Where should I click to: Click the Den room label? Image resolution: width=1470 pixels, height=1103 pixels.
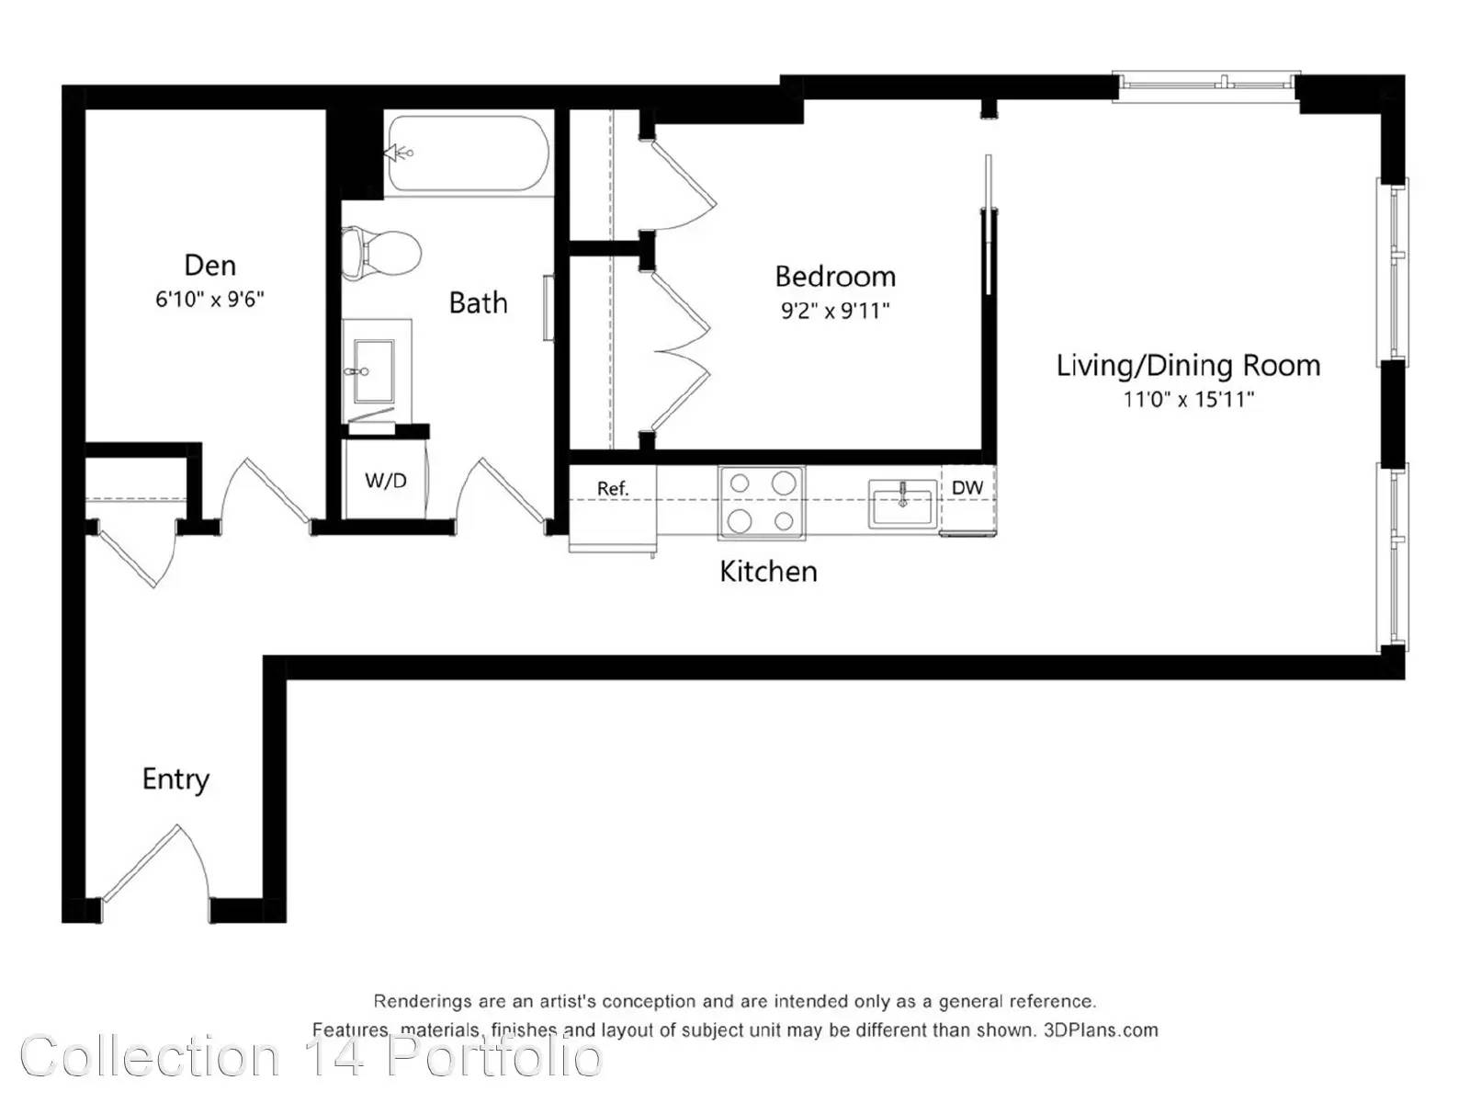(x=209, y=266)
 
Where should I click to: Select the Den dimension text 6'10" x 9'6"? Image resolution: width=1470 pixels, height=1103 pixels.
(x=209, y=299)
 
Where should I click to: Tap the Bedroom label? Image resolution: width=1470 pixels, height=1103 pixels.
(x=834, y=277)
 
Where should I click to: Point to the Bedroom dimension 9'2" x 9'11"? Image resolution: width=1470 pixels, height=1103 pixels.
(x=834, y=311)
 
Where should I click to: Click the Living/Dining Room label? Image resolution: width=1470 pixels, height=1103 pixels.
(x=1187, y=366)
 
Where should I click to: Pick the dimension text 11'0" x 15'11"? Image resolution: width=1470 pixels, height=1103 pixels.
(x=1187, y=399)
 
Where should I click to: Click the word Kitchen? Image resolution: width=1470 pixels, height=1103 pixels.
(x=768, y=571)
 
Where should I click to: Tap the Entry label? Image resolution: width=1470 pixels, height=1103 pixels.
(x=175, y=779)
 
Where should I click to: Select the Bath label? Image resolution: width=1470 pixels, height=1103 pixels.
(x=478, y=302)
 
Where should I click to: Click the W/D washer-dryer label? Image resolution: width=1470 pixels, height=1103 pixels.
(x=386, y=480)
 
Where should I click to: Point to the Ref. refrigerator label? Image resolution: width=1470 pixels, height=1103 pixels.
(x=613, y=489)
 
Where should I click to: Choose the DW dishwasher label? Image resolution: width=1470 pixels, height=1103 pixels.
(x=967, y=487)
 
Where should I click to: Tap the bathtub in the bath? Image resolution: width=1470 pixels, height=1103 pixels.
(x=469, y=154)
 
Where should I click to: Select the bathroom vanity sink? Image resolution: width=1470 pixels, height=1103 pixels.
(x=374, y=371)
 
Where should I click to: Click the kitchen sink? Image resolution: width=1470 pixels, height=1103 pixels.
(x=902, y=505)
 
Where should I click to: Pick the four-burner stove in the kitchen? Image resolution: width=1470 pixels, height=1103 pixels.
(x=762, y=503)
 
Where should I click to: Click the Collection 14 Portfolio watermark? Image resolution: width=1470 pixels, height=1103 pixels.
(x=311, y=1057)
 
